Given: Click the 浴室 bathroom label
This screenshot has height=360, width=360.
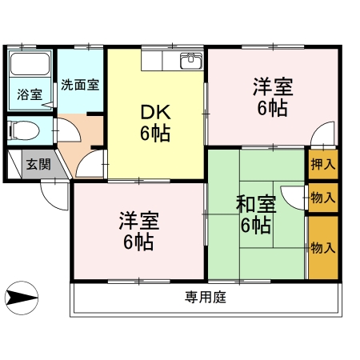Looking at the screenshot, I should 30,94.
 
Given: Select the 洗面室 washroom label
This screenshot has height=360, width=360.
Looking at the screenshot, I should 80,84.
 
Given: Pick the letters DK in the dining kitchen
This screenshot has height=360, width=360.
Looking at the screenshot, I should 155,113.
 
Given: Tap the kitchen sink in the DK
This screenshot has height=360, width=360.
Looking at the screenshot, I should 190,61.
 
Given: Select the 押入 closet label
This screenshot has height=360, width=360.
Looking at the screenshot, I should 323,166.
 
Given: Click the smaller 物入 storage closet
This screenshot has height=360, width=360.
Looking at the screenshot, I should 323,197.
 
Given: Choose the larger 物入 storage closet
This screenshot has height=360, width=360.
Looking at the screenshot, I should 323,247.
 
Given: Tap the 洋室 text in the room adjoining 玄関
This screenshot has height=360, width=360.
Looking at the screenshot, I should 138,219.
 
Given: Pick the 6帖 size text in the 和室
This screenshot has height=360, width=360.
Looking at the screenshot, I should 255,226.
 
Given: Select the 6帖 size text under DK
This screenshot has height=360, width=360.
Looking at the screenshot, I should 155,133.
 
